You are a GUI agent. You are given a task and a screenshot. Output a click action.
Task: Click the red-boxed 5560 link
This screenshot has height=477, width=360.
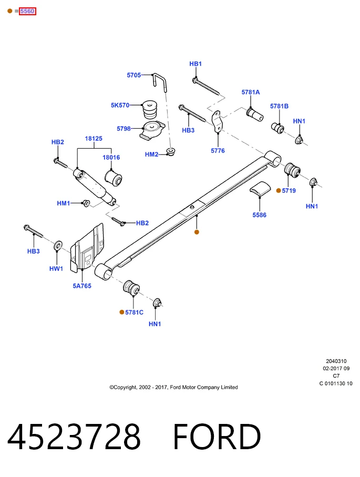(27, 11)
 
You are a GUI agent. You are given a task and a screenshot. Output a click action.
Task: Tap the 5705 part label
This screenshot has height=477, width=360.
(134, 75)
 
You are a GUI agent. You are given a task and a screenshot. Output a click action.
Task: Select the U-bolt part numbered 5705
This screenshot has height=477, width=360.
(160, 82)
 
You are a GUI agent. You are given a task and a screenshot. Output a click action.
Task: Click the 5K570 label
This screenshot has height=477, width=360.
(120, 105)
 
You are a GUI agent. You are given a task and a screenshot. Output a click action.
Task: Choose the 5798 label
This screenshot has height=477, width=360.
(124, 129)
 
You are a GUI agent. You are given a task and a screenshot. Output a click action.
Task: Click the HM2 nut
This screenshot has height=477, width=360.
(171, 151)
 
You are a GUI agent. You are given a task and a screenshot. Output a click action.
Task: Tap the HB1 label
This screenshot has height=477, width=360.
(196, 64)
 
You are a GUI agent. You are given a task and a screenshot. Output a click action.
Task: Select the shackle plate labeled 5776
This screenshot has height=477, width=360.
(217, 122)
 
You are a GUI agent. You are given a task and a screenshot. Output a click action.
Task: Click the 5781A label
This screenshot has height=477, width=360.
(251, 92)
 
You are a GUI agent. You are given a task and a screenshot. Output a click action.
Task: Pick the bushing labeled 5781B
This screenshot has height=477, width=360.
(277, 128)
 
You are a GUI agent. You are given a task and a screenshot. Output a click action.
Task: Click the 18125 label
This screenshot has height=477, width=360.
(94, 139)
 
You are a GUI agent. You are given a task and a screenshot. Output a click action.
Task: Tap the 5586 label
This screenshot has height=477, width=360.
(259, 215)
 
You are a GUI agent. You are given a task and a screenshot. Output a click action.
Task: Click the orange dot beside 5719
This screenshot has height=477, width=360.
(279, 191)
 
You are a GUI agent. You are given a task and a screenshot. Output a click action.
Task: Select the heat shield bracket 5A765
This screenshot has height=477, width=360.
(87, 247)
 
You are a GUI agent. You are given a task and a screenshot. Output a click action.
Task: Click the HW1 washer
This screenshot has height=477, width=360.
(58, 246)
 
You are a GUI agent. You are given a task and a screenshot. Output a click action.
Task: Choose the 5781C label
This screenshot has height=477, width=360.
(134, 313)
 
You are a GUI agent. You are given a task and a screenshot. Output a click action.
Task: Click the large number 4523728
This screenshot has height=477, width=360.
(74, 437)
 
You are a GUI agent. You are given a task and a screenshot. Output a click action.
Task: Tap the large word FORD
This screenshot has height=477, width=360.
(217, 437)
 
